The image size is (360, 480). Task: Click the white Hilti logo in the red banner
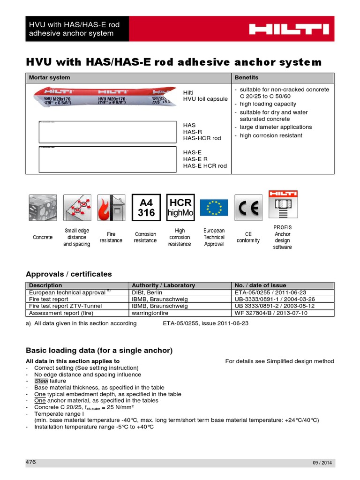tap(289, 29)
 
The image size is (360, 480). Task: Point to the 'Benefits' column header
tap(247, 77)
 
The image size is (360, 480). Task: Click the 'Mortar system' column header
tap(50, 77)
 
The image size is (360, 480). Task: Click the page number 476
tap(30, 462)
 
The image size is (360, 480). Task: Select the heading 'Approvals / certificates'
tap(68, 274)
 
